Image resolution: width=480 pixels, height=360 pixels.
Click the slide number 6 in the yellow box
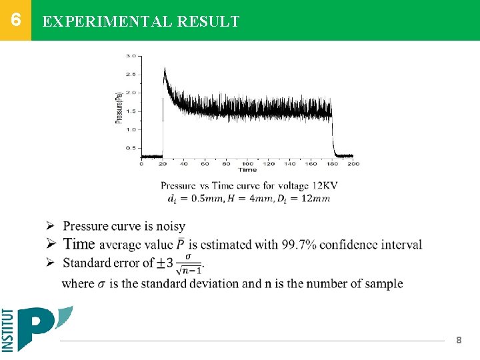[15, 19]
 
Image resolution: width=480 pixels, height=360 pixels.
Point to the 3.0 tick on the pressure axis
[131, 56]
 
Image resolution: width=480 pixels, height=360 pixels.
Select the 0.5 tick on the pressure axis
[131, 147]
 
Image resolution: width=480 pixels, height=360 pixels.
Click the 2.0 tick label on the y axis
[131, 93]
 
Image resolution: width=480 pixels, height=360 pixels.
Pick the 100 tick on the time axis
[247, 163]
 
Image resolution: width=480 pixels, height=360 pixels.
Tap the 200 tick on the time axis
[353, 163]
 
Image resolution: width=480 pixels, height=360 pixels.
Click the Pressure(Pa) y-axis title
[119, 107]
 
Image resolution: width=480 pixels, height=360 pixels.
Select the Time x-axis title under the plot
[247, 170]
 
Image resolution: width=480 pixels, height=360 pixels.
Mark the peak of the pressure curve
[165, 68]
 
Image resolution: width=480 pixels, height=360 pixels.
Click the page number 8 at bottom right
[459, 341]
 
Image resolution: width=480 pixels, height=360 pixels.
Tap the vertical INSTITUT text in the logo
[8, 330]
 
